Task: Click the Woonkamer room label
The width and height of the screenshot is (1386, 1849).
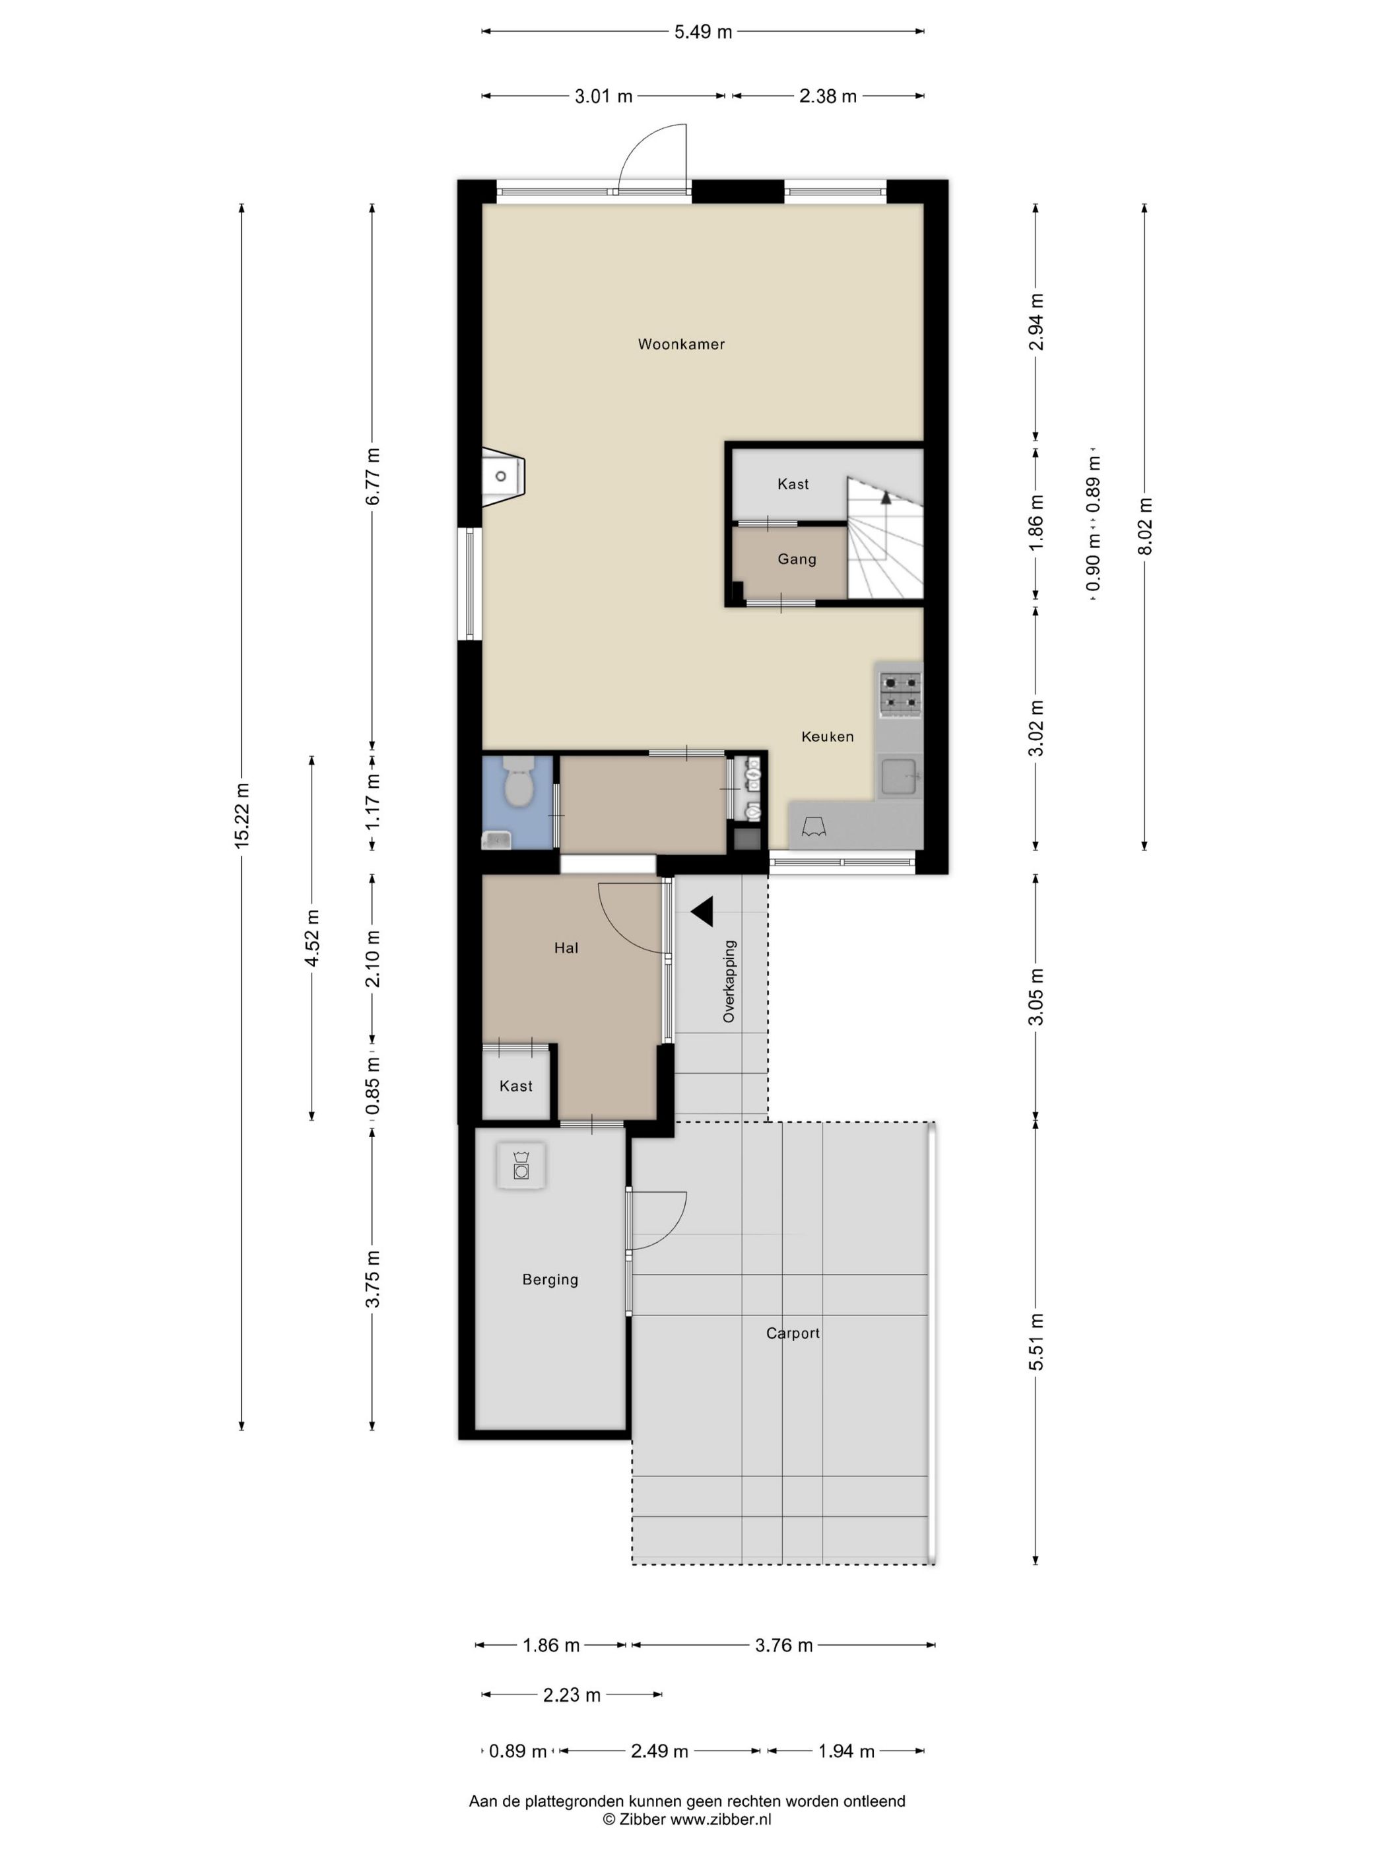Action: pos(681,343)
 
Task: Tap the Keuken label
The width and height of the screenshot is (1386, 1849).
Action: pos(827,736)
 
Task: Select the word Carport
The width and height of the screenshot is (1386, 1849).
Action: pos(793,1333)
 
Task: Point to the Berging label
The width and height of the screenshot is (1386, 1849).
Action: pos(550,1279)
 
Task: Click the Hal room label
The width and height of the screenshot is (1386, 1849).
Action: pos(566,947)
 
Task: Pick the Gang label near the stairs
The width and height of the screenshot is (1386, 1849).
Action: pos(796,559)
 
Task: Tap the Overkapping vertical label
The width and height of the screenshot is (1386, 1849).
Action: pos(729,981)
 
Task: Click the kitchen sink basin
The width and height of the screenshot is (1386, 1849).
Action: pos(900,777)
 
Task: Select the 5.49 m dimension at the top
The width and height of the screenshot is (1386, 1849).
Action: pos(703,32)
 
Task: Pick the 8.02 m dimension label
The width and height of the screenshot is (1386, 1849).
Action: pos(1144,526)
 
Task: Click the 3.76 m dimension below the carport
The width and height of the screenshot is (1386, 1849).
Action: pos(783,1645)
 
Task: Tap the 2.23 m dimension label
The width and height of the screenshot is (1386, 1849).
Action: pos(572,1695)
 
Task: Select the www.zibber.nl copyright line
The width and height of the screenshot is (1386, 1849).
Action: pos(687,1819)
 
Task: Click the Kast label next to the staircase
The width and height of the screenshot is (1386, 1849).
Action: pos(793,484)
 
